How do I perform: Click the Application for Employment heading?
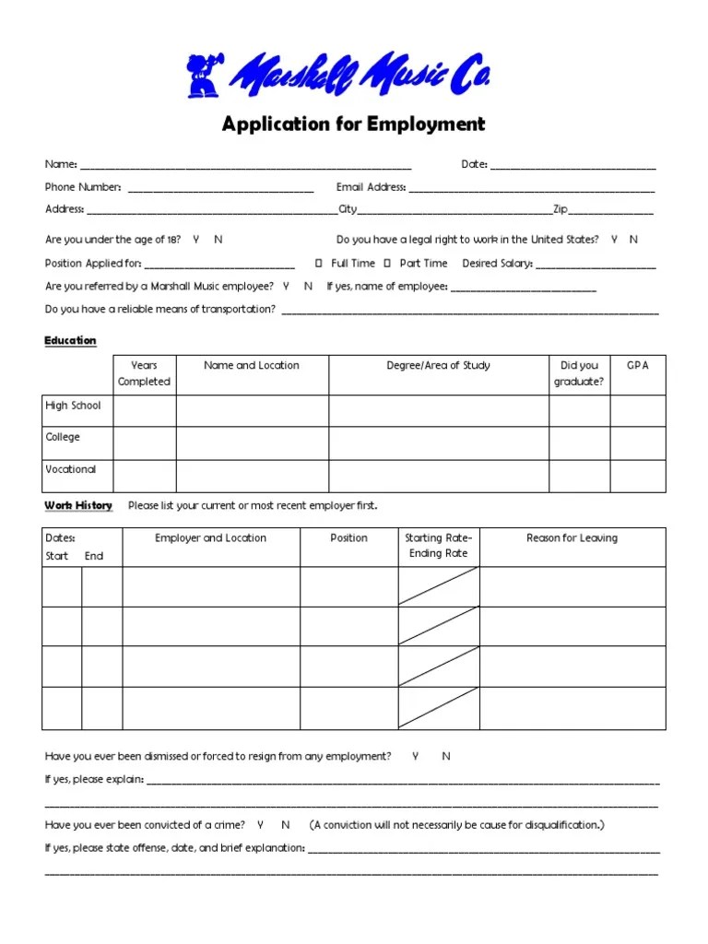pyautogui.click(x=353, y=124)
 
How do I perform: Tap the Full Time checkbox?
pyautogui.click(x=319, y=263)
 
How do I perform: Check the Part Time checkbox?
pyautogui.click(x=388, y=263)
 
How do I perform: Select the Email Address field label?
pyautogui.click(x=371, y=187)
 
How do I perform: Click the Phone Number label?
pyautogui.click(x=83, y=187)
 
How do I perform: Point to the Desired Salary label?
pyautogui.click(x=497, y=263)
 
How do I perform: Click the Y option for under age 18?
pyautogui.click(x=196, y=240)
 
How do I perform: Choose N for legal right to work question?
pyautogui.click(x=633, y=240)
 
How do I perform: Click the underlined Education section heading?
pyautogui.click(x=70, y=341)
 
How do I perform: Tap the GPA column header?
pyautogui.click(x=637, y=365)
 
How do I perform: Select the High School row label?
pyautogui.click(x=73, y=406)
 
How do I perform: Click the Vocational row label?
pyautogui.click(x=71, y=469)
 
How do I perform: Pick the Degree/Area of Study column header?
pyautogui.click(x=438, y=365)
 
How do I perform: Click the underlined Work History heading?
pyautogui.click(x=78, y=505)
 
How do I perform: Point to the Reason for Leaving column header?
pyautogui.click(x=572, y=537)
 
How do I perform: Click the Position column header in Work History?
pyautogui.click(x=348, y=537)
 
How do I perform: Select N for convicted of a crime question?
pyautogui.click(x=286, y=824)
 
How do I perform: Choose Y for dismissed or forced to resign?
pyautogui.click(x=416, y=756)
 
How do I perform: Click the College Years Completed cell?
pyautogui.click(x=144, y=442)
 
